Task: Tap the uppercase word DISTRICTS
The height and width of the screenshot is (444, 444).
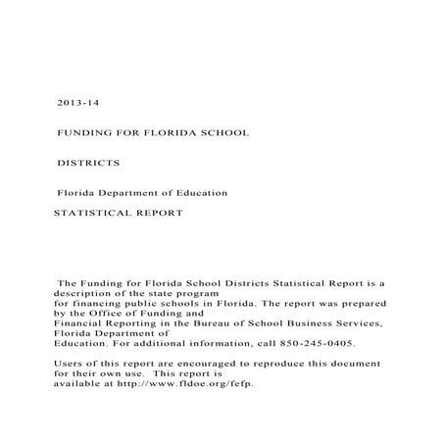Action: (x=88, y=161)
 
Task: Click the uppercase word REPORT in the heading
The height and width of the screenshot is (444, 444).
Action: (x=160, y=212)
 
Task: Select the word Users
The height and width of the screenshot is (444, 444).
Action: (x=69, y=365)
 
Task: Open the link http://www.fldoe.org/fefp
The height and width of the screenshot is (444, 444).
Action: (x=186, y=384)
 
